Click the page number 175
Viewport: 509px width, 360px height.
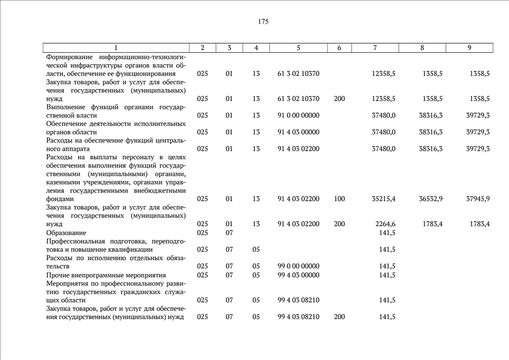tap(263, 22)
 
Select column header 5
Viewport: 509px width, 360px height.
tap(298, 48)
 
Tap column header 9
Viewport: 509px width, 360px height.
tap(469, 48)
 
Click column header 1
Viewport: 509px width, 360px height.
tap(116, 48)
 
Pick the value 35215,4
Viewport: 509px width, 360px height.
tap(384, 199)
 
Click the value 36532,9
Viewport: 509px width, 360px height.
tap(431, 199)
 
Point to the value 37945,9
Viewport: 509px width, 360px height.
tap(478, 199)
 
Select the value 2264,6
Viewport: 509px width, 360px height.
tap(385, 224)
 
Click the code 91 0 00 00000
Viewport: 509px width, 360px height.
tap(298, 115)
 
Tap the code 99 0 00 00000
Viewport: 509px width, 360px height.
tap(298, 266)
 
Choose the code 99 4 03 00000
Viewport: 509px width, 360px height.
tap(298, 275)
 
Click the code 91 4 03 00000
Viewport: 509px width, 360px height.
tap(298, 132)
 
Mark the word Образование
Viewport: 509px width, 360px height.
tap(66, 233)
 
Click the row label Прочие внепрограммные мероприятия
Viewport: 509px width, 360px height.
tap(106, 275)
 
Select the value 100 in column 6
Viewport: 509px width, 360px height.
tap(339, 199)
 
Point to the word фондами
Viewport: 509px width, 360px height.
tap(60, 199)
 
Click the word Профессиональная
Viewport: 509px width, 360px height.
tap(79, 241)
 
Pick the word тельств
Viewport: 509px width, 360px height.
tap(58, 267)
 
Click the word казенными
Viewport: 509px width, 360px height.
tap(65, 182)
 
